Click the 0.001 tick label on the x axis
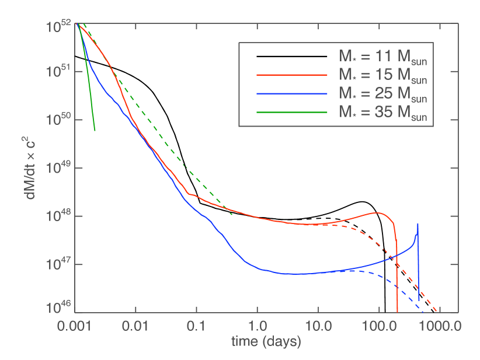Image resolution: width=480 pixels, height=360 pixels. tap(75, 326)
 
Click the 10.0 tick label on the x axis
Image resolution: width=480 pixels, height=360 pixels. tap(318, 326)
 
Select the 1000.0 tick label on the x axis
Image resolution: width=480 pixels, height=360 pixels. tap(436, 326)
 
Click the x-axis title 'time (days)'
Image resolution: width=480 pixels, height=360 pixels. tap(266, 341)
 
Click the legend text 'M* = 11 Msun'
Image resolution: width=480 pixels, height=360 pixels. tap(383, 57)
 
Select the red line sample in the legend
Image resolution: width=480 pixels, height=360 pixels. tap(292, 75)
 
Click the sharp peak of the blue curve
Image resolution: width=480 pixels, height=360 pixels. tap(418, 225)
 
